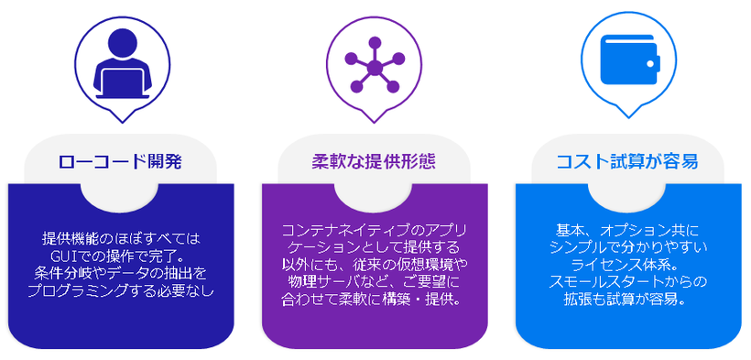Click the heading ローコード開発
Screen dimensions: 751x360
click(x=120, y=162)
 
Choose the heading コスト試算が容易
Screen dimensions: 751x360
click(x=627, y=162)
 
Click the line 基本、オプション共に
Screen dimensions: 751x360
click(x=627, y=230)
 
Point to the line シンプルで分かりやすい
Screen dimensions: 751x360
click(x=627, y=246)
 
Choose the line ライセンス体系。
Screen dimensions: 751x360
click(x=627, y=264)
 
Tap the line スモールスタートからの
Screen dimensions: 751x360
click(x=627, y=281)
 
